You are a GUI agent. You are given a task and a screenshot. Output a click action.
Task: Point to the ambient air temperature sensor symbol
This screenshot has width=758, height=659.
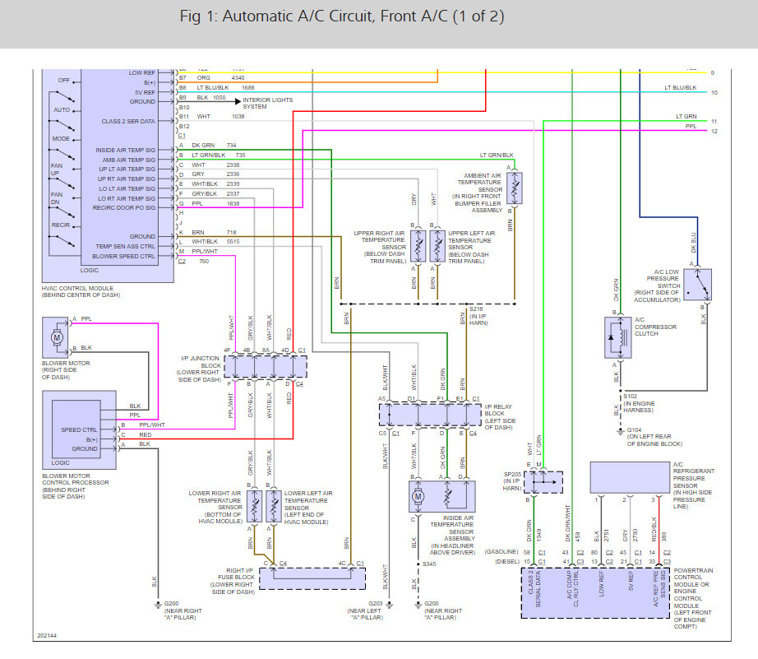[x=515, y=188]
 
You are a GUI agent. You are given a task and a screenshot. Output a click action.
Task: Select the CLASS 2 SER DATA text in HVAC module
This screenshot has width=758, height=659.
[x=128, y=121]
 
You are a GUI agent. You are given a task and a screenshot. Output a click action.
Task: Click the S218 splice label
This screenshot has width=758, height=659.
[x=477, y=309]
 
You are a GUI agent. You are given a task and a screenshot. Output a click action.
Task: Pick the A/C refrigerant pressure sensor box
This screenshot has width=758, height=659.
[x=629, y=478]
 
